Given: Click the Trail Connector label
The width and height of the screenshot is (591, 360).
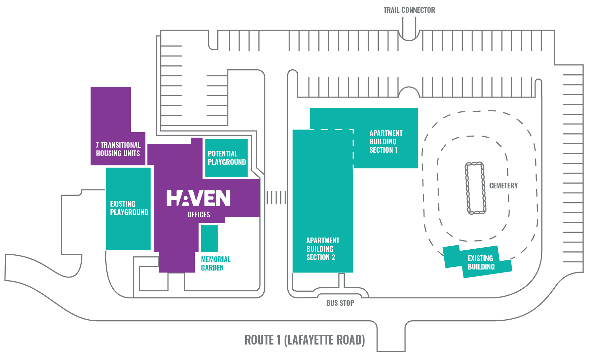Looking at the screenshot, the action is (x=409, y=10).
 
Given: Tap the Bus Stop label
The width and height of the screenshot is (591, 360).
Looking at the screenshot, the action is (x=340, y=303).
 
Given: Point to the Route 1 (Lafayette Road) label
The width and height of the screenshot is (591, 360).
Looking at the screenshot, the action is (x=305, y=340).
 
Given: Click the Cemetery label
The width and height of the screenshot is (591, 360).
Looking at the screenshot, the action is (x=504, y=186).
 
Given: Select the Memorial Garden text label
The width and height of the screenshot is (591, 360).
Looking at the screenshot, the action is (x=216, y=263).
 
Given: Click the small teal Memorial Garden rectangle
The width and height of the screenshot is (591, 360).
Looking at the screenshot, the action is (x=209, y=238).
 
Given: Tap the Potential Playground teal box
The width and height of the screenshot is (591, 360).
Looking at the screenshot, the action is (x=226, y=158).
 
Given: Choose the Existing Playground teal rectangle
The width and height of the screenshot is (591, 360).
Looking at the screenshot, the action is (x=128, y=209).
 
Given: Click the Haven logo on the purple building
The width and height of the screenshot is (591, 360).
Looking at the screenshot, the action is (x=198, y=198).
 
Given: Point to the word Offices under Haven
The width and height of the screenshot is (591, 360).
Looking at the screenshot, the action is (x=199, y=215).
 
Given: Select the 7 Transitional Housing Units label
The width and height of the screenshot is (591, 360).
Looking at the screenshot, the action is (x=118, y=149).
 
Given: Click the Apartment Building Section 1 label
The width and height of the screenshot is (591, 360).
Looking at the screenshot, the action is (x=386, y=142).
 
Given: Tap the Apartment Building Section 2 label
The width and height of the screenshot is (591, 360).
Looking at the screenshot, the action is (x=323, y=249).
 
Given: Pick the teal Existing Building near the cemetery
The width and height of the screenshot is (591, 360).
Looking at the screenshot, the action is (x=477, y=262).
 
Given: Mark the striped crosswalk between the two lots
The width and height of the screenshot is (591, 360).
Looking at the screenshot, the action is (x=276, y=198).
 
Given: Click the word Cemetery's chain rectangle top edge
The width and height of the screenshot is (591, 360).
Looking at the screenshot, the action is (x=474, y=164).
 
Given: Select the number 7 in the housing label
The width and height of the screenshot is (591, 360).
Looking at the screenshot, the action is (x=97, y=145).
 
